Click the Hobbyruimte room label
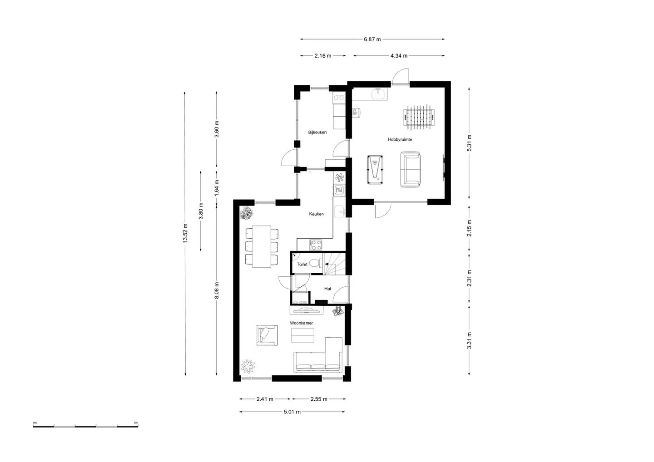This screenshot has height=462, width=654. (x=400, y=139)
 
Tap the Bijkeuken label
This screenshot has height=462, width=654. (x=317, y=132)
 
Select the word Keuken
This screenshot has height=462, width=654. (x=316, y=214)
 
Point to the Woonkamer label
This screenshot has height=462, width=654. (x=301, y=323)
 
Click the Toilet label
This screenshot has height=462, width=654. (x=302, y=264)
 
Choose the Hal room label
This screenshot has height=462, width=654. (x=327, y=289)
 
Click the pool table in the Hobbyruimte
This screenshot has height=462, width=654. (x=375, y=170)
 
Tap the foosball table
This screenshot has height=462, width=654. (x=419, y=117)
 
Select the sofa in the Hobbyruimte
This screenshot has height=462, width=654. (x=410, y=169)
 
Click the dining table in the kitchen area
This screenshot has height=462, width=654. (x=262, y=246)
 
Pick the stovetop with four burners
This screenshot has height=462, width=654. (x=316, y=245)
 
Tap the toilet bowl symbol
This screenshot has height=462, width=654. (x=315, y=263)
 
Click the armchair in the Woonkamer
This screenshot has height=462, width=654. (x=267, y=335)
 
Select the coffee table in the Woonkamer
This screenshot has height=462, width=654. (x=302, y=335)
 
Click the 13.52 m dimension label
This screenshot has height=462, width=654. (x=185, y=233)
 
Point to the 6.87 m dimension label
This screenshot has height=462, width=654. (x=372, y=39)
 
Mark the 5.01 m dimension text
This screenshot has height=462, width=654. (x=292, y=412)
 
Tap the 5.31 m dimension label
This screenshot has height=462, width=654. (x=469, y=143)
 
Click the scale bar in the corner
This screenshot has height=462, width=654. (x=85, y=426)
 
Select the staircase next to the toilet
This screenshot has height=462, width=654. (x=334, y=264)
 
